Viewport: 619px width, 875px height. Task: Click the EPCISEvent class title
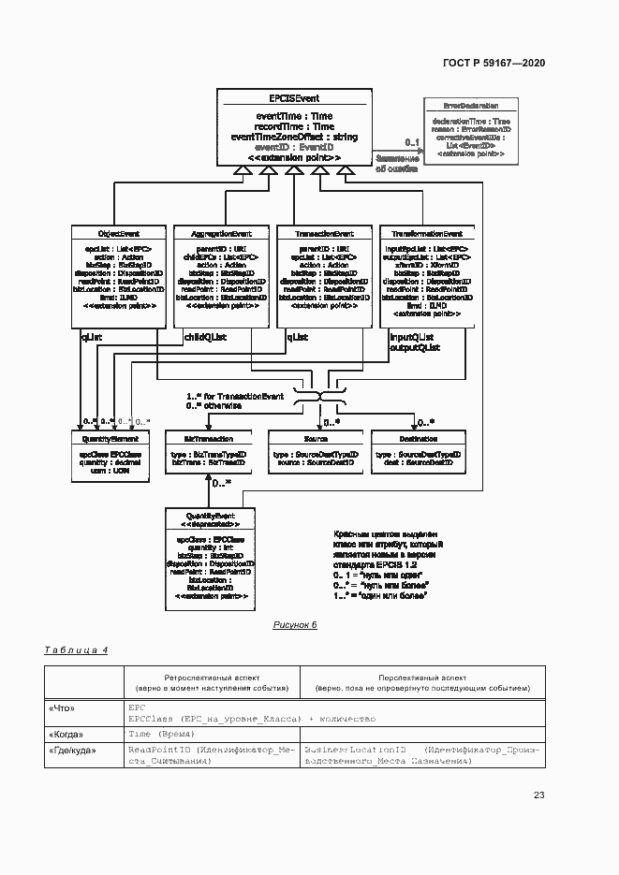(293, 97)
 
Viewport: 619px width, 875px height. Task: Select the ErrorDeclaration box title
(471, 107)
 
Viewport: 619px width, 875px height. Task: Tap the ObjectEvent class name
(119, 233)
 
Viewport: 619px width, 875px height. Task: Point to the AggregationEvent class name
(221, 233)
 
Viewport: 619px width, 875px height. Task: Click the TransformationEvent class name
(426, 233)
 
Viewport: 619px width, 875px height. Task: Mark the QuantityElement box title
(111, 438)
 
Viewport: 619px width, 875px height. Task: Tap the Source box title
(315, 438)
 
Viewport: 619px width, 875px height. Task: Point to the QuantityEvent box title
(210, 516)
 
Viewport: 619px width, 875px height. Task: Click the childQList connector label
(205, 336)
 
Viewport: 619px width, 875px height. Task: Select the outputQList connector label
(415, 348)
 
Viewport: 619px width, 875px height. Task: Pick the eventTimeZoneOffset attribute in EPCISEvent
(293, 137)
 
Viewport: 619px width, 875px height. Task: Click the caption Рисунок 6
(295, 625)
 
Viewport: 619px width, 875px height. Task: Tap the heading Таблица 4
(77, 649)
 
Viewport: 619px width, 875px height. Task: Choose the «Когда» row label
(66, 735)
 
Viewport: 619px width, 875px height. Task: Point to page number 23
(538, 795)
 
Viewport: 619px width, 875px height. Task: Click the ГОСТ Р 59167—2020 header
(494, 63)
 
